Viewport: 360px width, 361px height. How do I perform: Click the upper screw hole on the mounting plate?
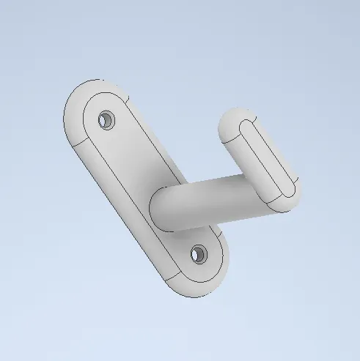[108, 119]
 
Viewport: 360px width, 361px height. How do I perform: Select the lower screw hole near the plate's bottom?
[198, 254]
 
